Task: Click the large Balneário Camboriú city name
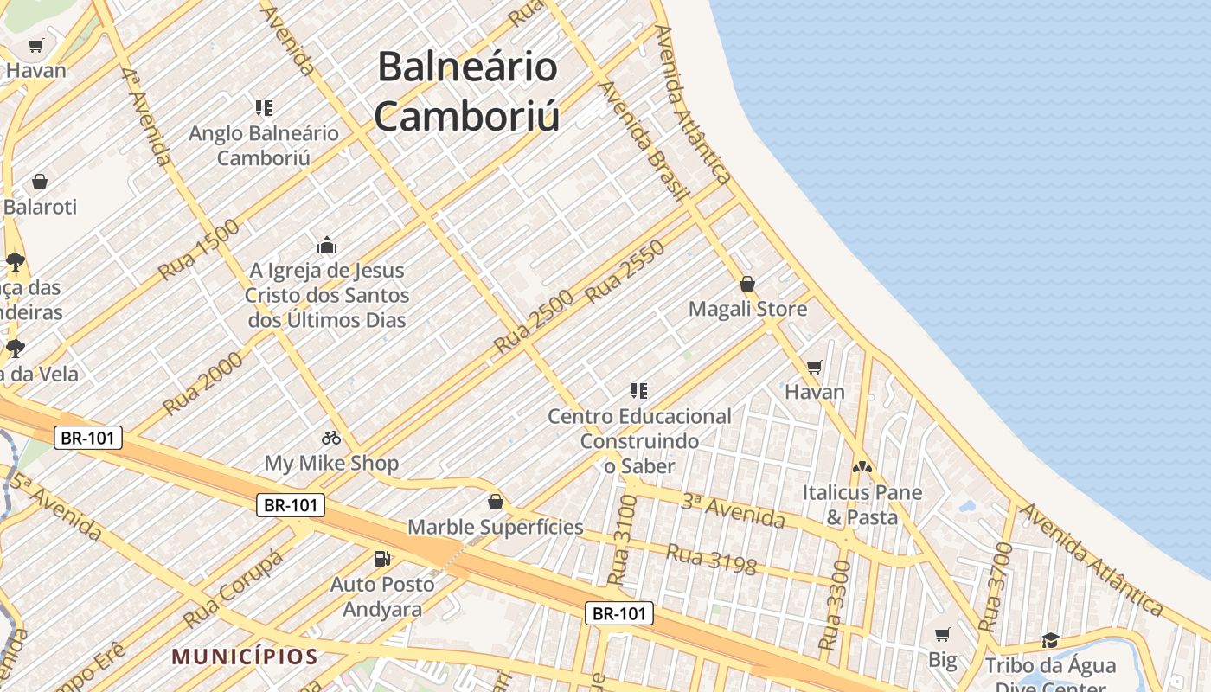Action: pyautogui.click(x=467, y=91)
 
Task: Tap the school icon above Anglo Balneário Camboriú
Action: pyautogui.click(x=264, y=108)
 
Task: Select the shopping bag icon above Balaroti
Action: pyautogui.click(x=39, y=182)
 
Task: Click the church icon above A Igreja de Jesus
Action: pyautogui.click(x=326, y=246)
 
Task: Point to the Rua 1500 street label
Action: pyautogui.click(x=198, y=250)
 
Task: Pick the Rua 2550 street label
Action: pyautogui.click(x=624, y=271)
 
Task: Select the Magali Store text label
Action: pyautogui.click(x=747, y=309)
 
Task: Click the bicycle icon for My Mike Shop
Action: pyautogui.click(x=331, y=438)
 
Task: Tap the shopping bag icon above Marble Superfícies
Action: pyautogui.click(x=496, y=502)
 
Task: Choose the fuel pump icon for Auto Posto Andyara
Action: pyautogui.click(x=381, y=559)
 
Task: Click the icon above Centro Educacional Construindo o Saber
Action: pyautogui.click(x=639, y=391)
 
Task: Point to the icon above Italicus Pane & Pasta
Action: pyautogui.click(x=862, y=467)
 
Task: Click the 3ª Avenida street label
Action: pyautogui.click(x=733, y=510)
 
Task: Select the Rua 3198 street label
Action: pyautogui.click(x=712, y=559)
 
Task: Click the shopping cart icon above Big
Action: pyautogui.click(x=943, y=635)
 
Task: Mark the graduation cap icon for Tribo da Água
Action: pyautogui.click(x=1050, y=640)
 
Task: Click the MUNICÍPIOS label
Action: pyautogui.click(x=245, y=657)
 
